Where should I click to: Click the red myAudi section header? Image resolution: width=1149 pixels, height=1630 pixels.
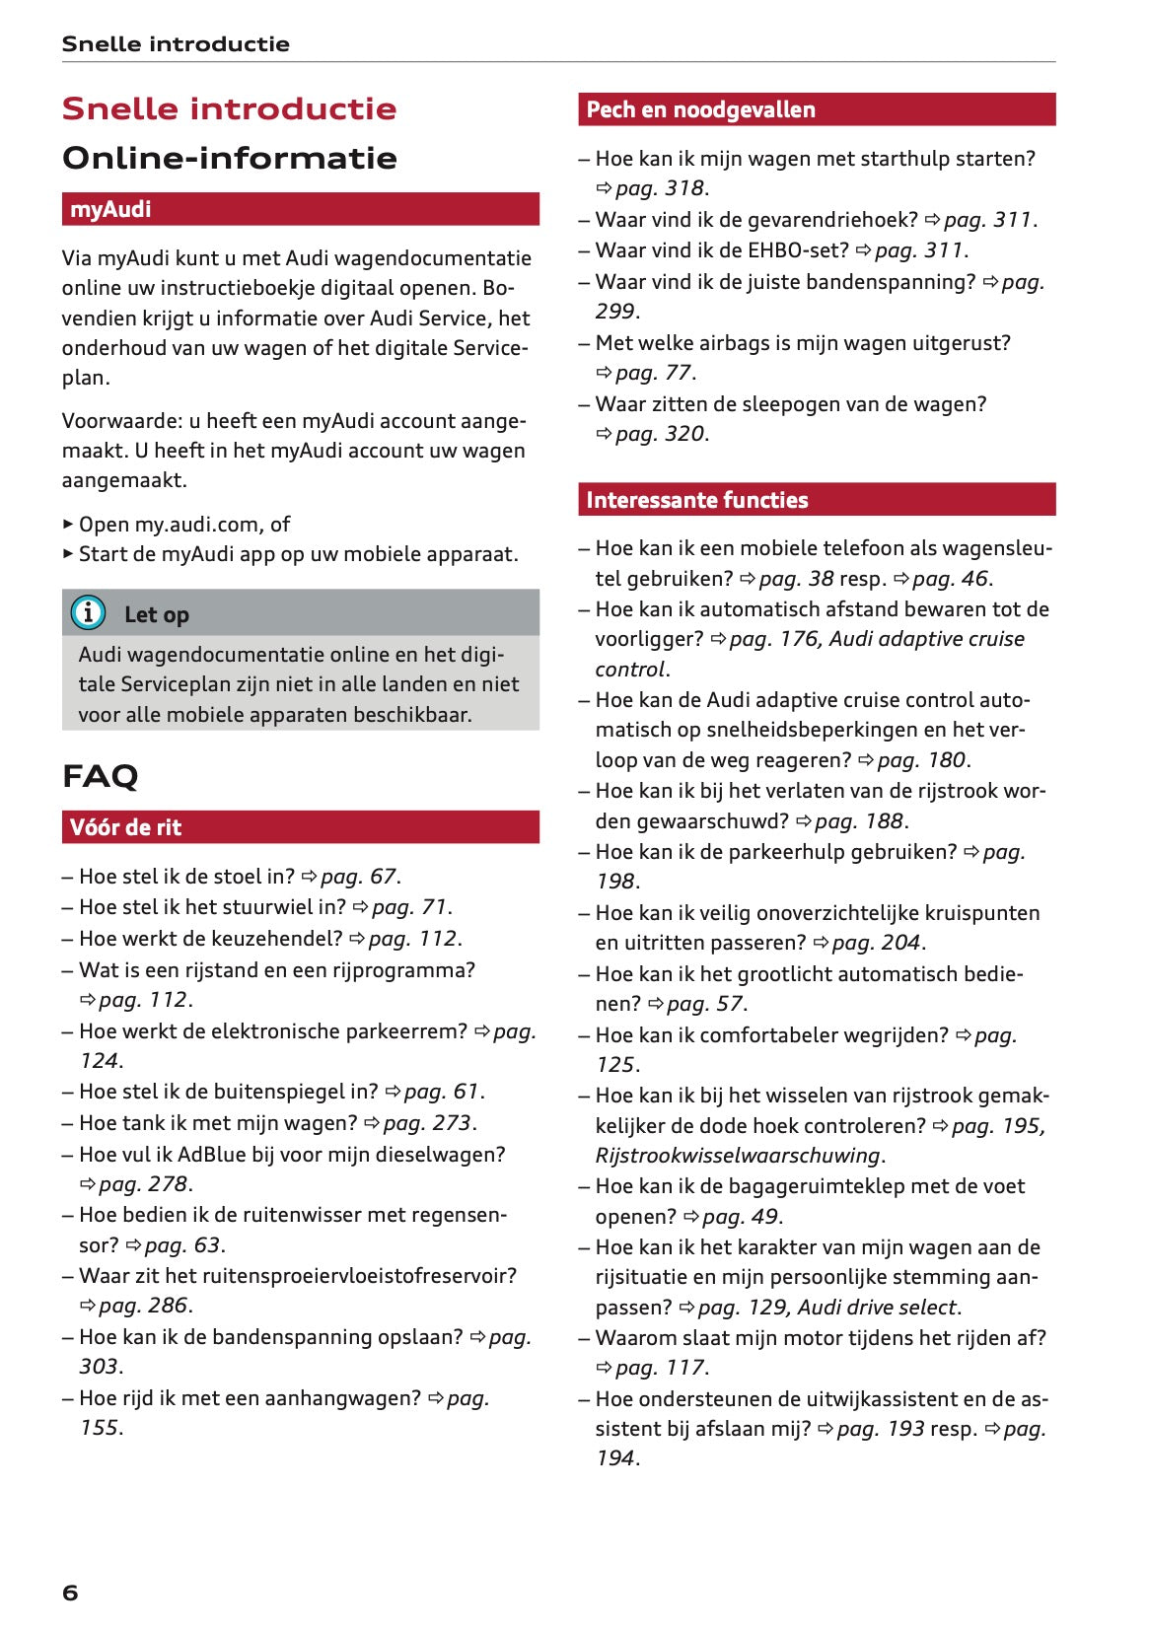300,209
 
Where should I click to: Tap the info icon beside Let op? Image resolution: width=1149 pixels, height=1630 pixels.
88,613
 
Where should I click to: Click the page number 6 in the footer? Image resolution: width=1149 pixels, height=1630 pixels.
70,1592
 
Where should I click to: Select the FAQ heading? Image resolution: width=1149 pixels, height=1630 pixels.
100,776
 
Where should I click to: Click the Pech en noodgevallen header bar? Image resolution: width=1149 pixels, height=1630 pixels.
816,109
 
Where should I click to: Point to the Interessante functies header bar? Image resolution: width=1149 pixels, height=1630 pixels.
816,500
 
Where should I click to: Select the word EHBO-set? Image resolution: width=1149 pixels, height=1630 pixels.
797,250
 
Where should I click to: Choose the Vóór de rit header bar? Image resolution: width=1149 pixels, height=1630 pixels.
300,827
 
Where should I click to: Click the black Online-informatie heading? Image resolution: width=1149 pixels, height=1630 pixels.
229,158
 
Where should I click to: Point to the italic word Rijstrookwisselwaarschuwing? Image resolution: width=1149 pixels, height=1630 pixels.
737,1155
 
